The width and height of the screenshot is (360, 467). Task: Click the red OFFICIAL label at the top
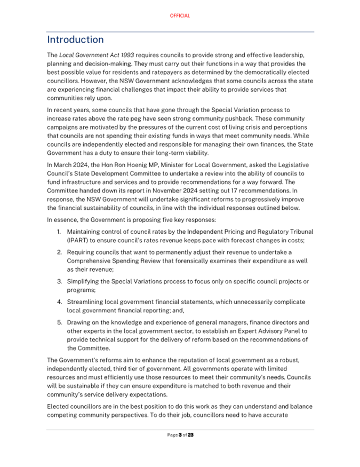click(x=180, y=16)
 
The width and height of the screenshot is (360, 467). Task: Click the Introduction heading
click(x=75, y=40)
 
